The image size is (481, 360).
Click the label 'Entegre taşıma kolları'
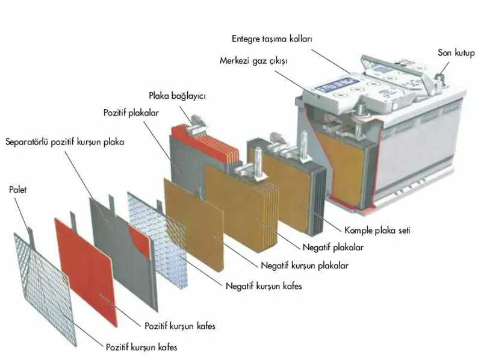[x=272, y=39]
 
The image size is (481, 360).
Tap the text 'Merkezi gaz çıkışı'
[x=253, y=61]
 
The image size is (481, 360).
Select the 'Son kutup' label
[x=456, y=53]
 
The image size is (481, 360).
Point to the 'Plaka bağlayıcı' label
[x=177, y=96]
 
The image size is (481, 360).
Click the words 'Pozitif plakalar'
[x=131, y=113]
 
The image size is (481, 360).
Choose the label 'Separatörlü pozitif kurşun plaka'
[x=65, y=142]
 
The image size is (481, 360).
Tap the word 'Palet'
[x=18, y=190]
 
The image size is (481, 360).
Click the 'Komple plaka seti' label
[x=377, y=231]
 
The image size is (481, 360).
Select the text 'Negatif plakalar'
[x=333, y=247]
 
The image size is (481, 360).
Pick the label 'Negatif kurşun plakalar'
[x=305, y=265]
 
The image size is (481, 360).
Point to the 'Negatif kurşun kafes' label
[x=264, y=286]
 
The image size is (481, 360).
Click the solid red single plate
[x=87, y=270]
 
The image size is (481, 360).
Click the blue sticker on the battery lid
[x=338, y=85]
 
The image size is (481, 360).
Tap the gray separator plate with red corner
[x=123, y=252]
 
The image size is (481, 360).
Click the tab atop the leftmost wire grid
[x=31, y=235]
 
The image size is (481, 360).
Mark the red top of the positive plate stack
[x=204, y=141]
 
